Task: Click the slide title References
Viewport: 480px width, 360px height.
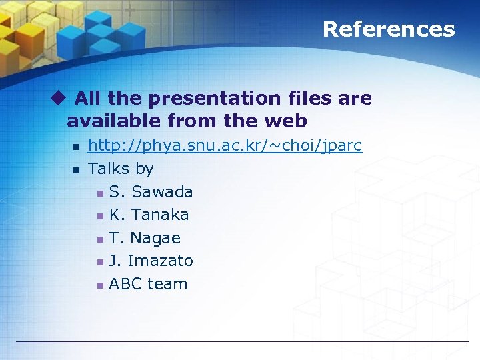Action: click(388, 29)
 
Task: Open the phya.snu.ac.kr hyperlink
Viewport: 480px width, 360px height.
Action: click(225, 146)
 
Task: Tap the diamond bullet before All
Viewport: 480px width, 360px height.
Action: click(59, 99)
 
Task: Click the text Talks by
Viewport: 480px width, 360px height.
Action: click(121, 169)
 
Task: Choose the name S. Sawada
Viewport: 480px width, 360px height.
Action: click(151, 192)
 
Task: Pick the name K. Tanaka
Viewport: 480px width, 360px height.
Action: click(149, 215)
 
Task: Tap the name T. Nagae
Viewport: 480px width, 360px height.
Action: click(145, 238)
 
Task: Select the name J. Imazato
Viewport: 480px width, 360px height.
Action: click(151, 261)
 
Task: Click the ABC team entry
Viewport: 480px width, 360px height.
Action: click(148, 284)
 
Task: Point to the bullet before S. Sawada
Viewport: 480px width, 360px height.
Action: click(99, 193)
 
